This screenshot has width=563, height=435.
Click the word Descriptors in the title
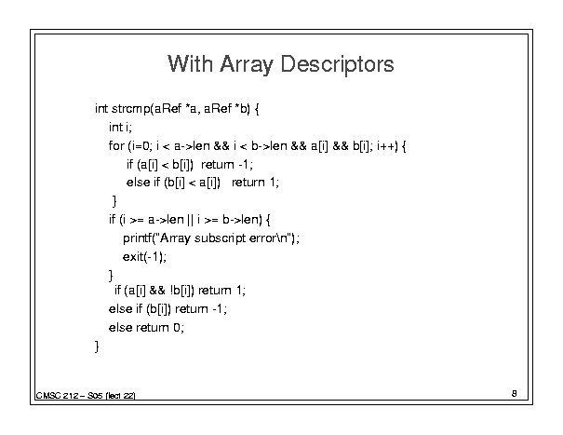pos(337,64)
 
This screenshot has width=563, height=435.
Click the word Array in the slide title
pos(247,64)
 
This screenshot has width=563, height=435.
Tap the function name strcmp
pos(130,109)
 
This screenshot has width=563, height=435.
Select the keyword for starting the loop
pos(116,146)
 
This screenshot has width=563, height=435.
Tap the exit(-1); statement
pos(144,257)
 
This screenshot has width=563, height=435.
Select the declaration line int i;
pos(120,127)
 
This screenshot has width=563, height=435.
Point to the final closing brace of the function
pos(97,347)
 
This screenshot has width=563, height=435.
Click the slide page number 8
pos(515,394)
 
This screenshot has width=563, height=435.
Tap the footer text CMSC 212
pos(58,396)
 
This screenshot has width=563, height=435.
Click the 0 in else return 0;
pos(176,328)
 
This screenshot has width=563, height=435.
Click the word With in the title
pos(190,64)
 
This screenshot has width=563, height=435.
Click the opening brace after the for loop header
pos(404,146)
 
